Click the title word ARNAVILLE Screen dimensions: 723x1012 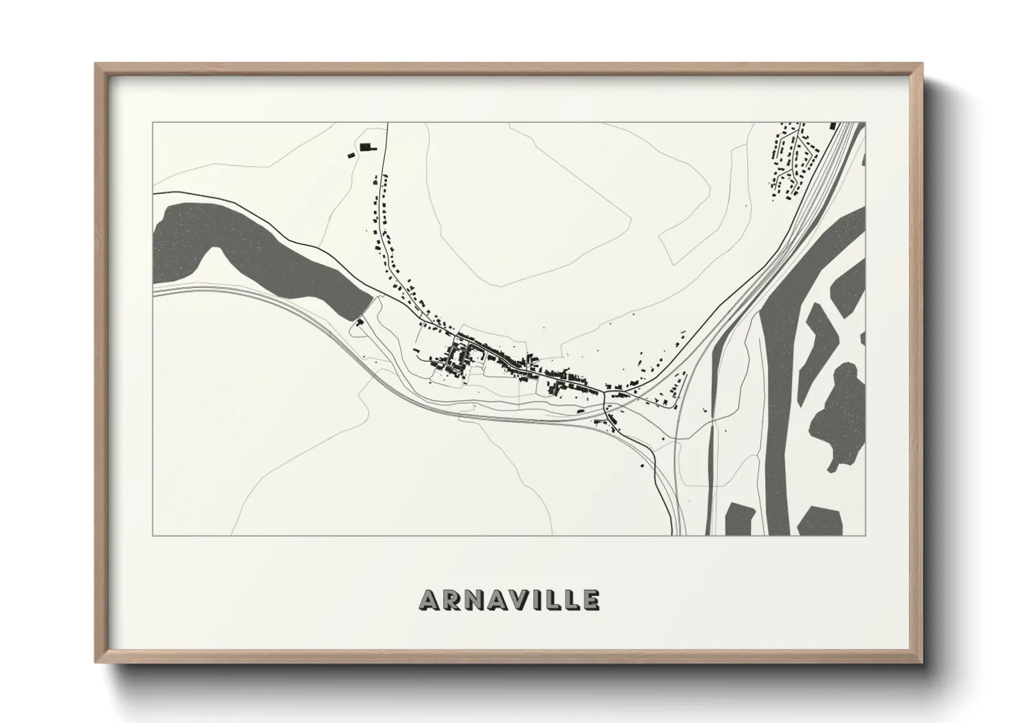[x=509, y=599]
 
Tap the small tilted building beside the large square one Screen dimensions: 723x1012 [x=351, y=155]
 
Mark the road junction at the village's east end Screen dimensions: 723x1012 [x=605, y=394]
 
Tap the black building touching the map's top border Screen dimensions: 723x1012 [x=833, y=125]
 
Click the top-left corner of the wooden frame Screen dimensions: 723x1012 [x=96, y=64]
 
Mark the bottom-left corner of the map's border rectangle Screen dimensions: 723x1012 [x=153, y=535]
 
